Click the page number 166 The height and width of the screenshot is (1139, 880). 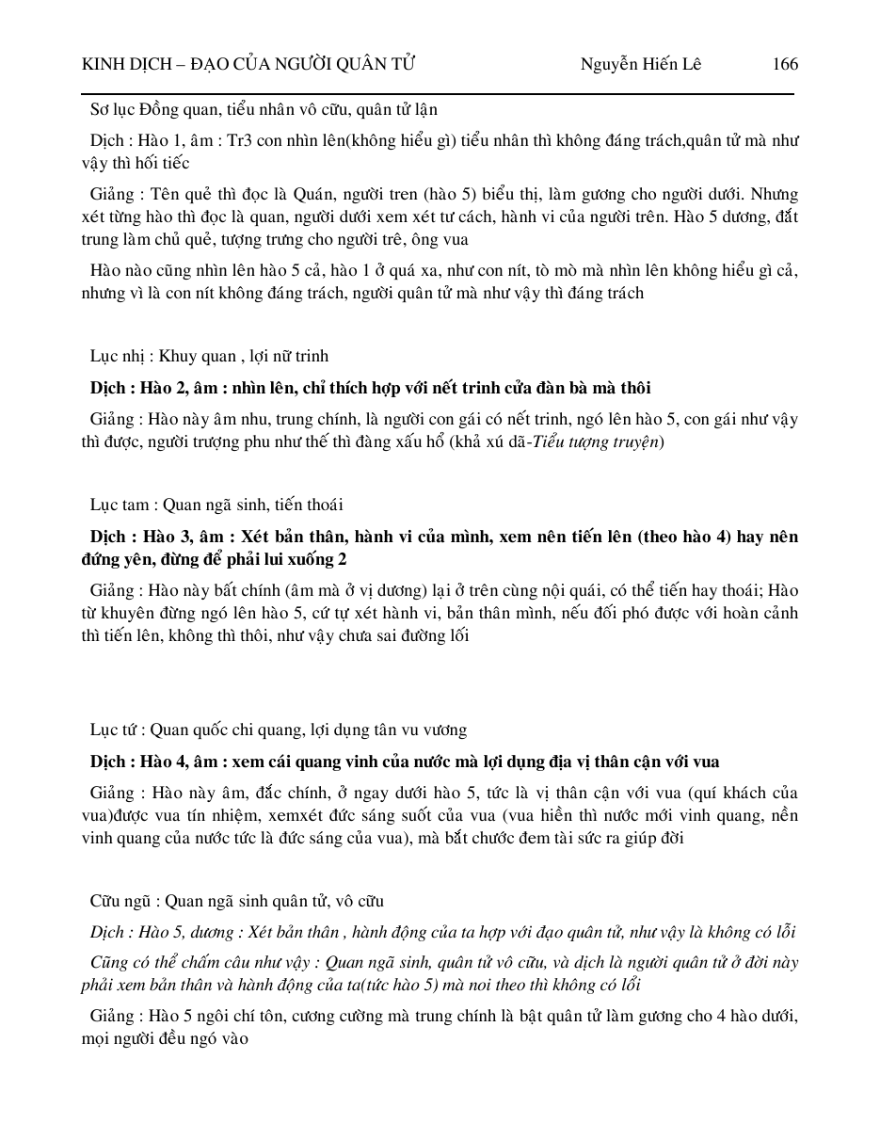(785, 64)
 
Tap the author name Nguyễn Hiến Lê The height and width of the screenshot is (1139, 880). (640, 64)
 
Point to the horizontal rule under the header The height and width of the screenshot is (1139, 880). (438, 94)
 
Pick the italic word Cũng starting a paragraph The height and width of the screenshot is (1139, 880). (111, 963)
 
